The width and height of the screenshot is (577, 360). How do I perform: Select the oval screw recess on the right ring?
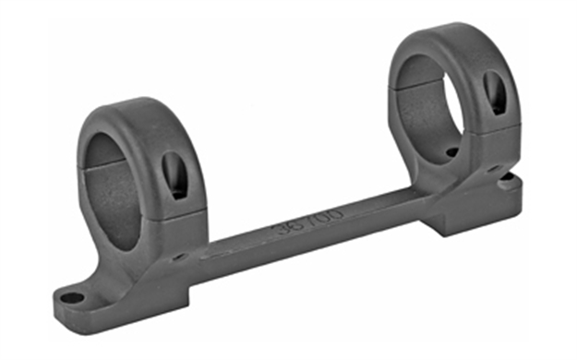coord(495,93)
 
